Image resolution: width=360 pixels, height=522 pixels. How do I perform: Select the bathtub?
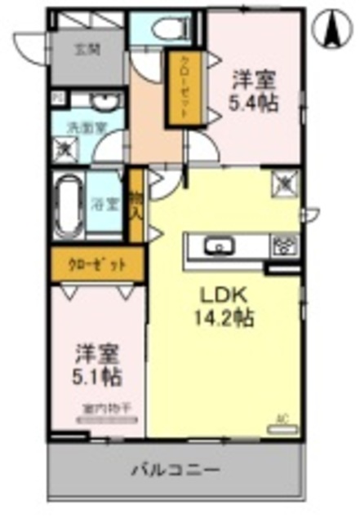[68, 204]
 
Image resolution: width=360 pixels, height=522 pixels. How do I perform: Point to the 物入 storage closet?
[136, 206]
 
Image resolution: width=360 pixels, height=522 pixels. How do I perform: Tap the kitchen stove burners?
[286, 244]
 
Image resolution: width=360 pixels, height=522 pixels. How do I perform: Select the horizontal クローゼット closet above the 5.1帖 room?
[96, 265]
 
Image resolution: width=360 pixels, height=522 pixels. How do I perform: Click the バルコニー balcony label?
[176, 471]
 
